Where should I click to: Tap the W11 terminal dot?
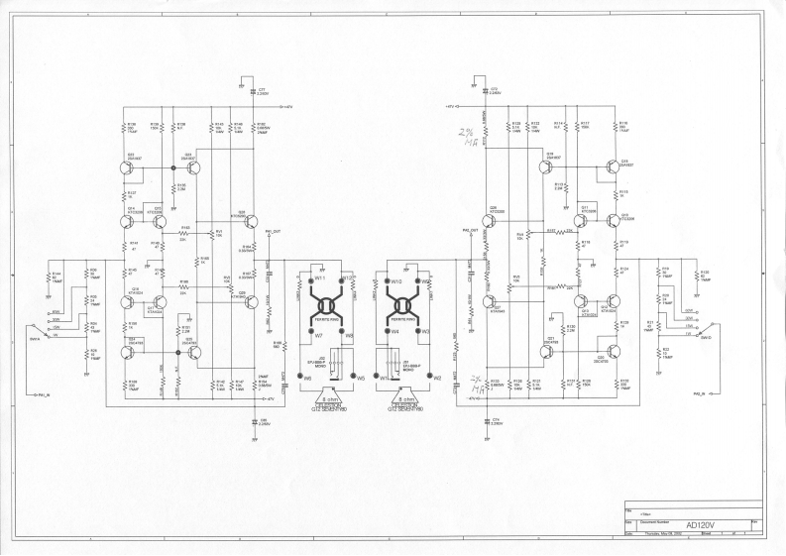311,279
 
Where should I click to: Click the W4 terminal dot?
388,332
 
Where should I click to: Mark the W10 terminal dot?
388,280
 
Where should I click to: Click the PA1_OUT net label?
275,230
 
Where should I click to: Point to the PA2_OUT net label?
470,230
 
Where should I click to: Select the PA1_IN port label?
42,392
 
